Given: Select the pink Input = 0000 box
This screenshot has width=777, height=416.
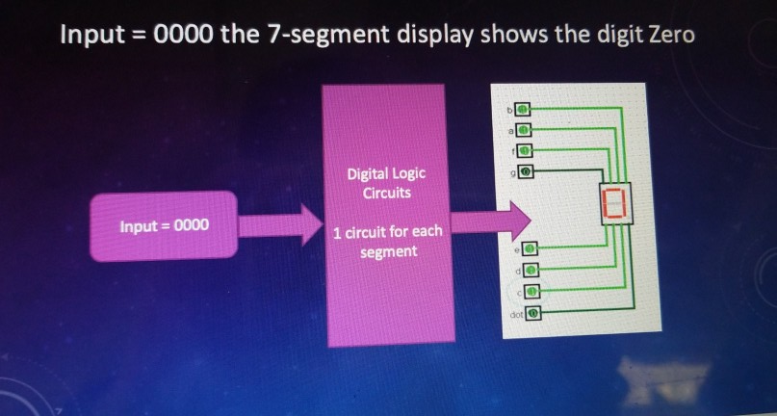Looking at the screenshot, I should (163, 227).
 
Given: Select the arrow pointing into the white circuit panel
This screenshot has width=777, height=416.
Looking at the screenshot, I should (489, 221).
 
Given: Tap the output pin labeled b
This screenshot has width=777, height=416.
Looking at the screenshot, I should (525, 107).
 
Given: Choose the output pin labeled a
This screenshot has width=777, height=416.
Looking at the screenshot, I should (525, 128).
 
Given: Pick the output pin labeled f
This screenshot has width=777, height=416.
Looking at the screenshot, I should (525, 150).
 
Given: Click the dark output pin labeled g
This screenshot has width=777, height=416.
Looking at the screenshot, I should (525, 172).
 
